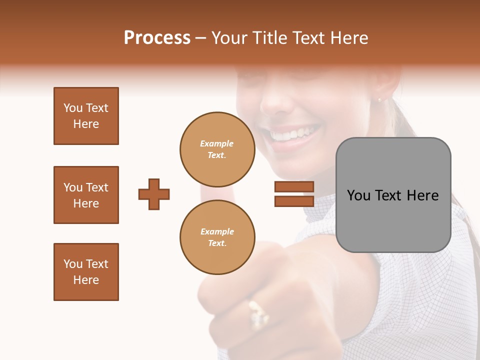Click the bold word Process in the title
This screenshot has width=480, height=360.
click(x=157, y=38)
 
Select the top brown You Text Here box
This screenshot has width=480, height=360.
click(x=86, y=116)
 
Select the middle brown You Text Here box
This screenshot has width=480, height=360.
click(x=86, y=195)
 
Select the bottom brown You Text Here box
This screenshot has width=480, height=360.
click(x=86, y=272)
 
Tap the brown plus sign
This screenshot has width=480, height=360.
click(x=154, y=194)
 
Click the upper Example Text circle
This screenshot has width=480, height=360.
click(x=217, y=149)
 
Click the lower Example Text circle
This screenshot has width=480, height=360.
click(x=217, y=237)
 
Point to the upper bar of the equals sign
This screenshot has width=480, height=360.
click(x=294, y=187)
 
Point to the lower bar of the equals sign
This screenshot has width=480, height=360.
click(x=294, y=201)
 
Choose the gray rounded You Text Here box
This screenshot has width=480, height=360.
click(x=393, y=195)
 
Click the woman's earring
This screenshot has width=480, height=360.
click(x=378, y=100)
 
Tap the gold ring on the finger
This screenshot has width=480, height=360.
click(x=258, y=314)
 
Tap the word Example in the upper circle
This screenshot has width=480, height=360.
click(x=216, y=143)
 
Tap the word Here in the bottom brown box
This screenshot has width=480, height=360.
click(x=86, y=280)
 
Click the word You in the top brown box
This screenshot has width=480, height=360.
click(x=72, y=108)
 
